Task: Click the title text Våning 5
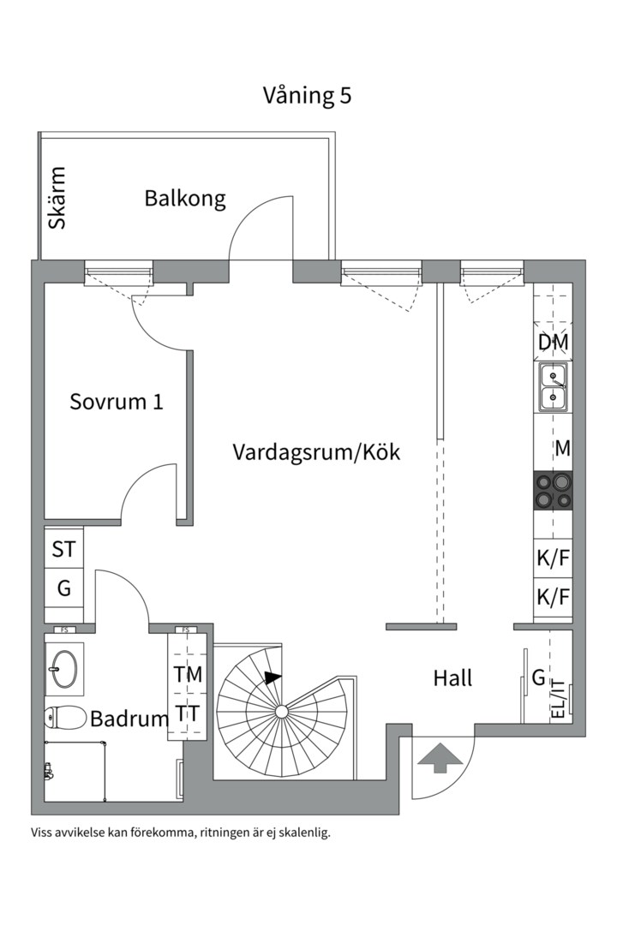click(x=307, y=95)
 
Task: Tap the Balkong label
click(x=185, y=199)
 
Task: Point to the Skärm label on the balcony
click(x=57, y=198)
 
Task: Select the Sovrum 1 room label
click(x=117, y=401)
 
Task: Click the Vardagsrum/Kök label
click(x=316, y=452)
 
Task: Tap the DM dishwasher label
click(x=553, y=343)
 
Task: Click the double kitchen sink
click(x=553, y=386)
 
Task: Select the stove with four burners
click(x=553, y=492)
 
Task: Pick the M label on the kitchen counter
click(x=562, y=448)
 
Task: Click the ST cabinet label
click(x=64, y=549)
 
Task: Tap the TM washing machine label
click(x=188, y=674)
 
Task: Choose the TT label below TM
click(x=188, y=713)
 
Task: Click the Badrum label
click(x=129, y=719)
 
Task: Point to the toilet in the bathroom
click(x=64, y=717)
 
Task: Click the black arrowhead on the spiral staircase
click(x=272, y=677)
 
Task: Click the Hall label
click(x=452, y=678)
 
